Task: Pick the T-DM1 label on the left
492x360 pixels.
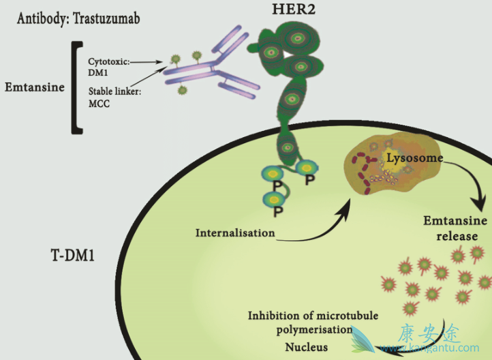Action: coord(72,258)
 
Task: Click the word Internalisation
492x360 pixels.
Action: coord(235,232)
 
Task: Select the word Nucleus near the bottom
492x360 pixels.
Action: coord(307,347)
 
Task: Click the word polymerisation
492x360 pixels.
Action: coord(311,331)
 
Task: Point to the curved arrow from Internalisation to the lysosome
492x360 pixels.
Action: coord(320,222)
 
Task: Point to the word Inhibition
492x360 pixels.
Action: coord(276,316)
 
